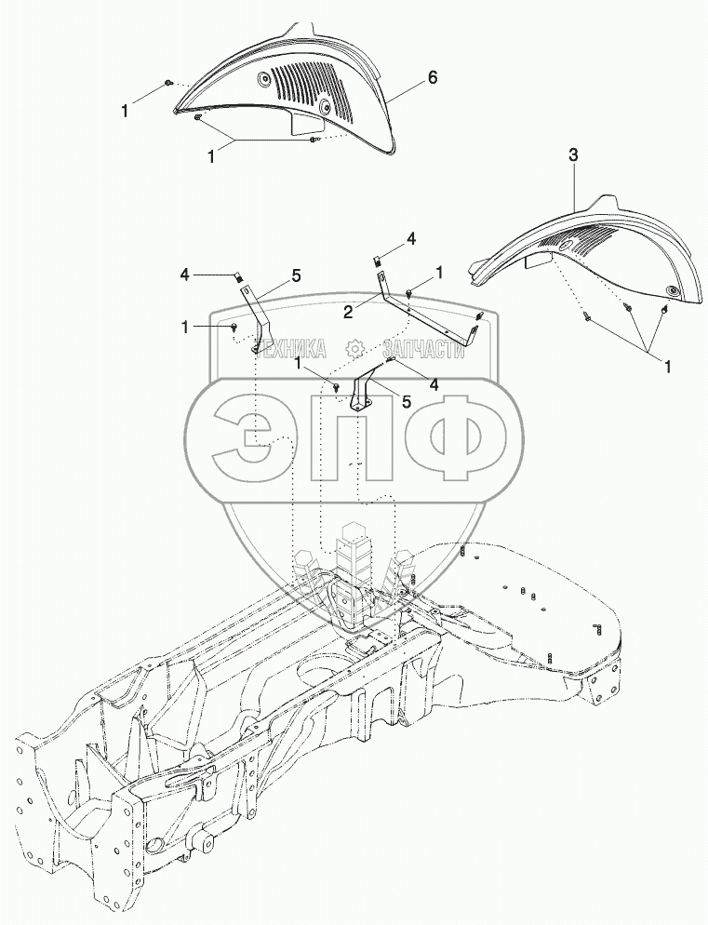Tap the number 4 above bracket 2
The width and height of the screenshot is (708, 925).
(411, 241)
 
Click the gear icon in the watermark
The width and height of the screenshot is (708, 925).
(354, 349)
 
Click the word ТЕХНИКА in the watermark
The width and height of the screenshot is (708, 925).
(291, 349)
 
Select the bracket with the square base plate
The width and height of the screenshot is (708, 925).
(361, 395)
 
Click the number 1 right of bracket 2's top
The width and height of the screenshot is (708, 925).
(438, 271)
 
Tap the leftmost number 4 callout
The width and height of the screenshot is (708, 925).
(184, 275)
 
